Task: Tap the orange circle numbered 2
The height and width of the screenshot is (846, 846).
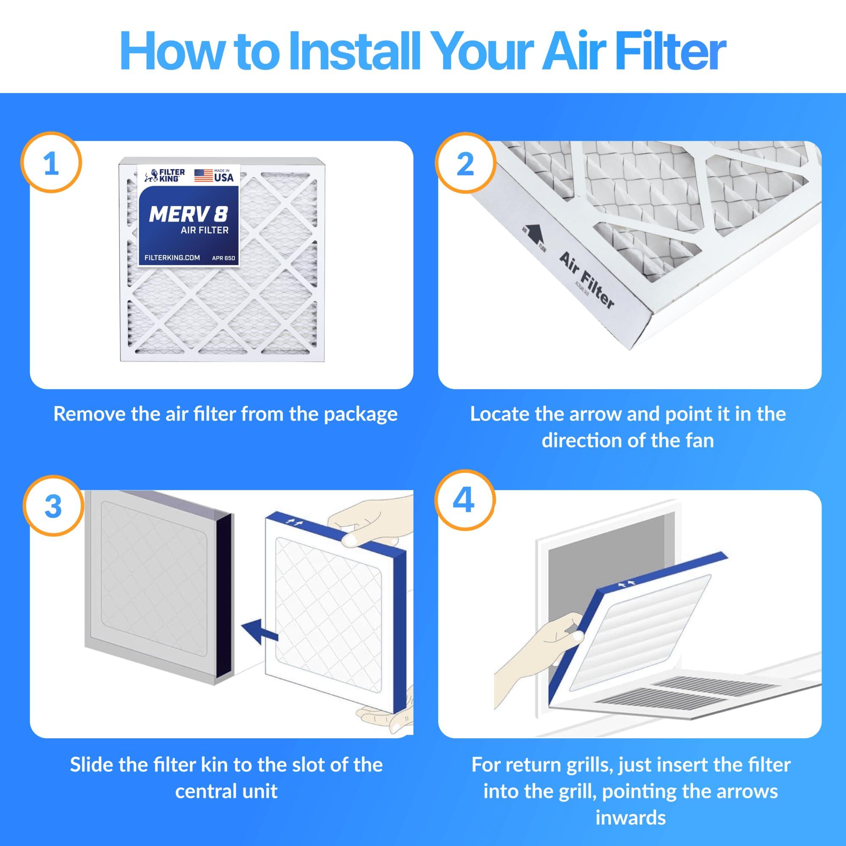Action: coord(465,164)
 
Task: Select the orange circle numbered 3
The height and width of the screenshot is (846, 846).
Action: coord(53,506)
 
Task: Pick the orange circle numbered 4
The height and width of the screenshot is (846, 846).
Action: coord(464,500)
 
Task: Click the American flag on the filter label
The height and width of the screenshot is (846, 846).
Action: coord(203,175)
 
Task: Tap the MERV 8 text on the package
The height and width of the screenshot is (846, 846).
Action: coord(188,214)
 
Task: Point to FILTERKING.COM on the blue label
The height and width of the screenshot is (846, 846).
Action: coord(172,258)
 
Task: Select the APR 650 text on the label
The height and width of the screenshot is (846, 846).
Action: coord(223,258)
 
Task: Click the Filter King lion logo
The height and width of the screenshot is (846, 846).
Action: coord(151,176)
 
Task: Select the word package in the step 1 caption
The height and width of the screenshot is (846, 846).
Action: coord(360,414)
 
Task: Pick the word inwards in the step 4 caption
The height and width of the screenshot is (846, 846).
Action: coord(631,818)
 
